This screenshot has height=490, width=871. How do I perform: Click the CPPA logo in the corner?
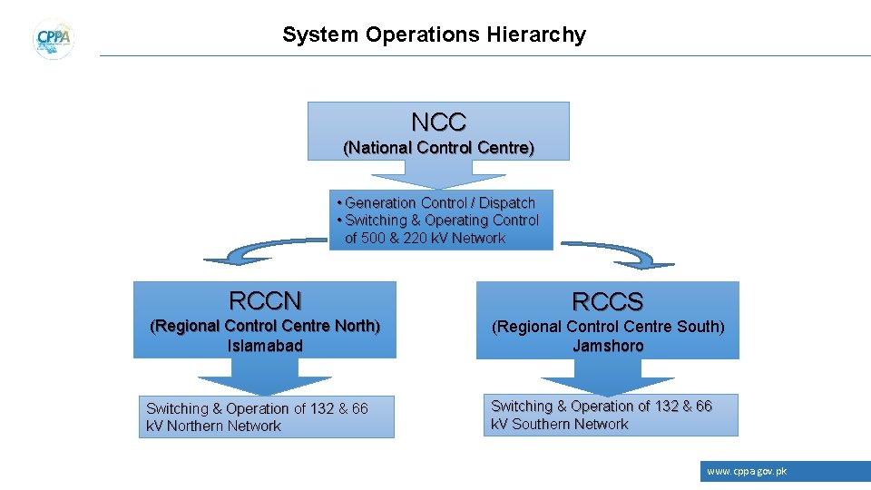coord(54,39)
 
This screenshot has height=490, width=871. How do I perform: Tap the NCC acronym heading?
coord(438,122)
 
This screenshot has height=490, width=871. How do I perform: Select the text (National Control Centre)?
coord(438,147)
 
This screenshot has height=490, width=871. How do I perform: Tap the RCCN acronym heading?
coord(265,300)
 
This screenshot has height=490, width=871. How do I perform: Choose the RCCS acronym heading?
coord(607,302)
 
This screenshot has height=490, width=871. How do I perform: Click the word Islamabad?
coord(265,345)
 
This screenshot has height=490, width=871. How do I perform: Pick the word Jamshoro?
coord(608,345)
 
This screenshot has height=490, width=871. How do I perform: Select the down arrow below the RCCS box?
coord(607,377)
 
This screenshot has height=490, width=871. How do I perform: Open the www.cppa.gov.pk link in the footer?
coord(747,472)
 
